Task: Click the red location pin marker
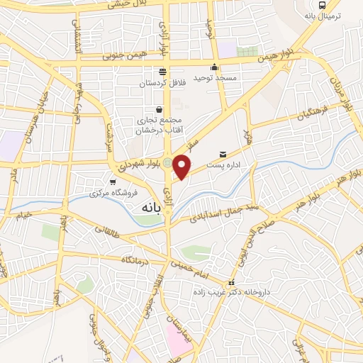[182, 167]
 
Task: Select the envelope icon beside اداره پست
[223, 154]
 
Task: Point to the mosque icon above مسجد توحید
[214, 68]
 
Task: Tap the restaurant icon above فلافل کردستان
[162, 71]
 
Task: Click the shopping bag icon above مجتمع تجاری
[158, 110]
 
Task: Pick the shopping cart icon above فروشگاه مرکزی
[112, 181]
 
